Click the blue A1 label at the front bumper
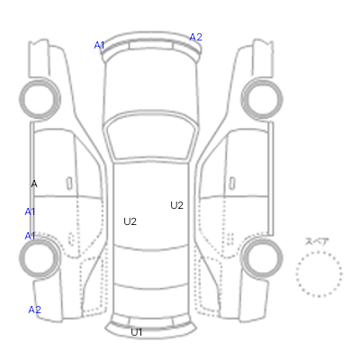[99, 45]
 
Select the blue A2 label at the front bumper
[196, 37]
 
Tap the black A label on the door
[34, 184]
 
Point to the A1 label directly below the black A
[30, 211]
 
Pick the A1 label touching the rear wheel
[30, 236]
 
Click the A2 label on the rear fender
[34, 310]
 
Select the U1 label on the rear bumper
[137, 332]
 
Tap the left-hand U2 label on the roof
[130, 221]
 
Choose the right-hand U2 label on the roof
[176, 205]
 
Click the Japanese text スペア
[317, 241]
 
